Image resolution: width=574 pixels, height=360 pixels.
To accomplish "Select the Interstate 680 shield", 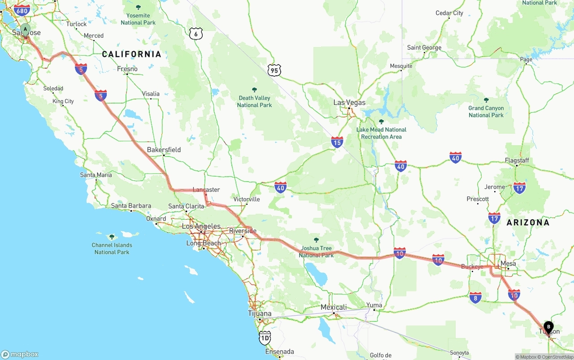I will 22,10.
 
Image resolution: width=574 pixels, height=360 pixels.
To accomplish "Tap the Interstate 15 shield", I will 337,143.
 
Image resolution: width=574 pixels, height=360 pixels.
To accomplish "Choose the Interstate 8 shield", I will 476,297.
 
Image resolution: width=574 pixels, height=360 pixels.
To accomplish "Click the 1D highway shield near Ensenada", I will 265,338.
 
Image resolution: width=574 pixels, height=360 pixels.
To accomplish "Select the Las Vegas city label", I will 349,102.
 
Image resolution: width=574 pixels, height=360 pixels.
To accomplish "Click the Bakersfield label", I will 164,149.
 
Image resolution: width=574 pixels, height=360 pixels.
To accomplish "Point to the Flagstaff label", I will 517,160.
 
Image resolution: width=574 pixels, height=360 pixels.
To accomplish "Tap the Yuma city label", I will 374,305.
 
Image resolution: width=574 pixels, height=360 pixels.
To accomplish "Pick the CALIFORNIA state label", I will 131,54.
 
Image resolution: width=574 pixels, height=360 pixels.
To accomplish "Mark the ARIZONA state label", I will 528,222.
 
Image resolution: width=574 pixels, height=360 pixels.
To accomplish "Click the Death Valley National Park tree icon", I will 255,90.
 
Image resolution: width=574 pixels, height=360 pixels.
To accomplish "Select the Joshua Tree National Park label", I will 316,252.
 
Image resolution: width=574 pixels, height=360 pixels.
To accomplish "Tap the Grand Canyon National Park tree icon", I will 486,100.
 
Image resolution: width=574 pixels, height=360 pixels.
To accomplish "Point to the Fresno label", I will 127,69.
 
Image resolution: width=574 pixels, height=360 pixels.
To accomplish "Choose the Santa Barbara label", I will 131,206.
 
